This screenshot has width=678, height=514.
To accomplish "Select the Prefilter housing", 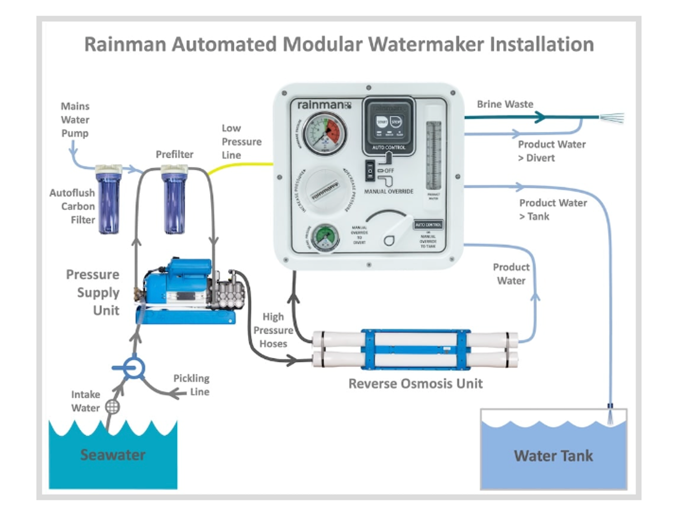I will tap(174, 201).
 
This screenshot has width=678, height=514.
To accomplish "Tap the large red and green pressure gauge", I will tap(324, 133).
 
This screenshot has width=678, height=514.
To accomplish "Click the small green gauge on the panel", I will tap(325, 238).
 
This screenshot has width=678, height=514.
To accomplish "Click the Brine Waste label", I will tap(505, 104).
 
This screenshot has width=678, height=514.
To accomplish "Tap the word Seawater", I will tap(113, 455).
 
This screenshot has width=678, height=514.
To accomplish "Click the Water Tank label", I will tap(553, 456).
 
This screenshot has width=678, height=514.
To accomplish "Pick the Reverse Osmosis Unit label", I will tap(415, 384).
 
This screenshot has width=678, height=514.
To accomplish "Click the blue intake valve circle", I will tap(133, 367).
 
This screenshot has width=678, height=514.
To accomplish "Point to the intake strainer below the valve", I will tap(113, 407).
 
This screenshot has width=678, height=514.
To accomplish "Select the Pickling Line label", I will tap(192, 385).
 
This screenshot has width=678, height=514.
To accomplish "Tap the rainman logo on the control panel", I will tap(324, 105).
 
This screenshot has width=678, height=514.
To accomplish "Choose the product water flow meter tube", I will tap(434, 155).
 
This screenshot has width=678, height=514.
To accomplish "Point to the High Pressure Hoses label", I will tap(273, 330).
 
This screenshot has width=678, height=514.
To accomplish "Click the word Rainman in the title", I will tap(125, 45).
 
